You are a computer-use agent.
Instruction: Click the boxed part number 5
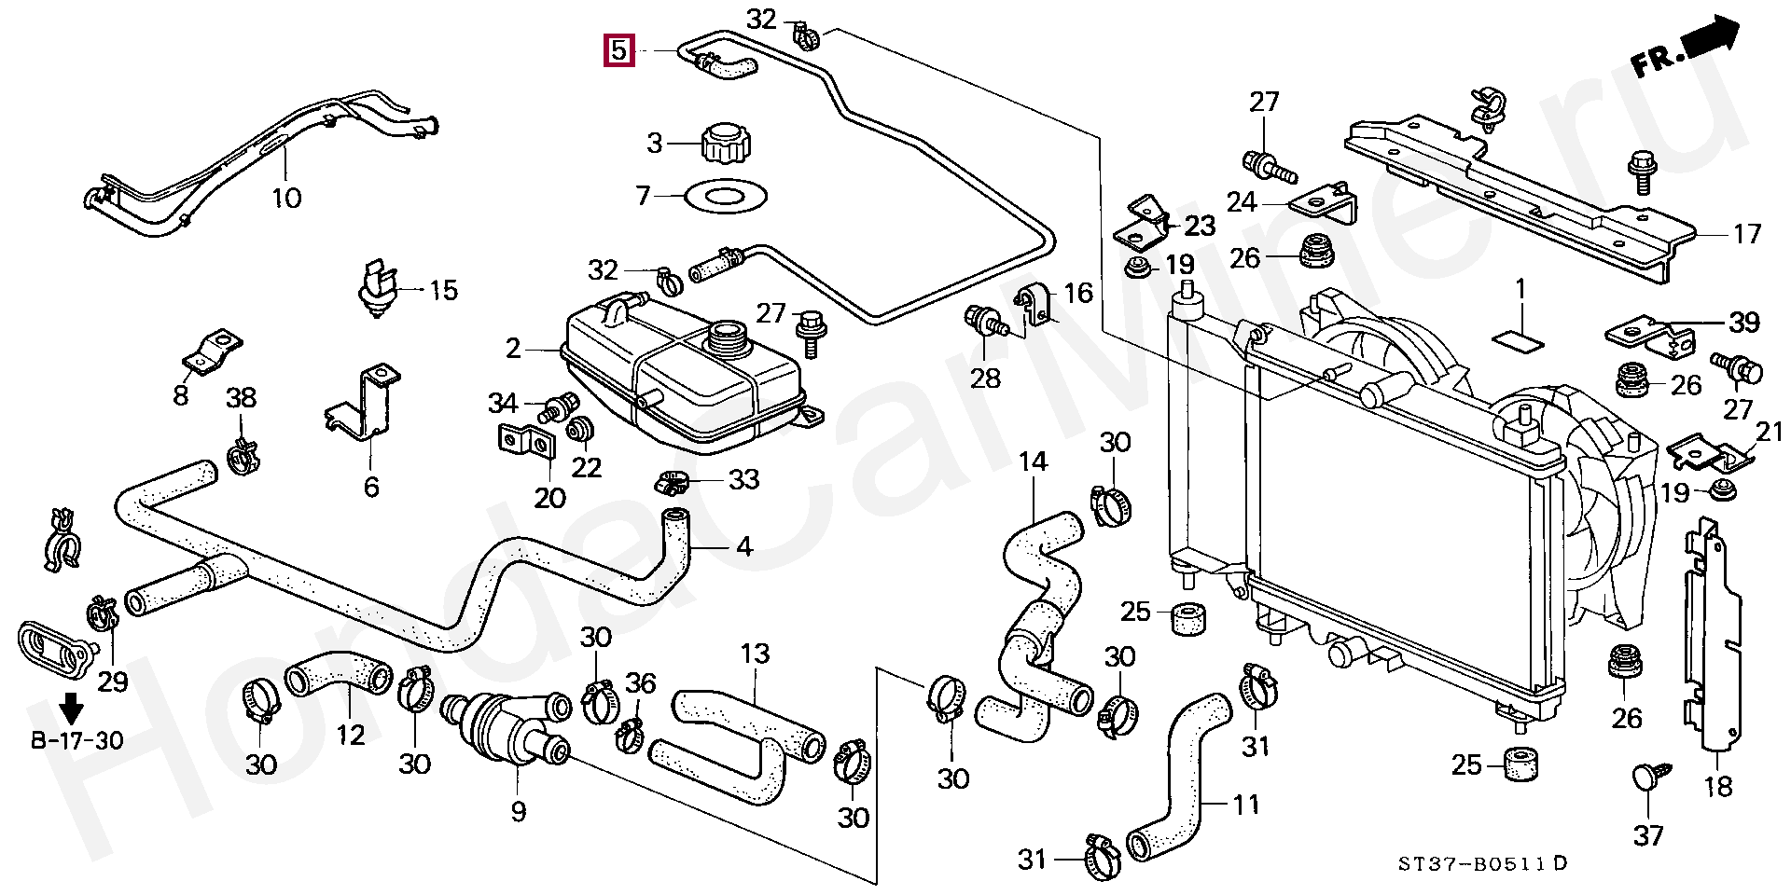pos(619,50)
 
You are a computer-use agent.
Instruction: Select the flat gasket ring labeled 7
pos(725,197)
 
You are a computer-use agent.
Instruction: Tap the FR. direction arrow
pos(1686,53)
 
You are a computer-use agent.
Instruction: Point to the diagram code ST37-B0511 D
pos(1482,863)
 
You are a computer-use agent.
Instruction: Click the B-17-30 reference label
pos(76,741)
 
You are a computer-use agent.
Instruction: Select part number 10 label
pos(286,198)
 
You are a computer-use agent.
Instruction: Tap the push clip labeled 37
pos(1647,780)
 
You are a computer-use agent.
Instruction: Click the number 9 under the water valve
pos(519,811)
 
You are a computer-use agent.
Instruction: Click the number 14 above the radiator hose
pos(1033,461)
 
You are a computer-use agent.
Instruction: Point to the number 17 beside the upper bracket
pos(1746,233)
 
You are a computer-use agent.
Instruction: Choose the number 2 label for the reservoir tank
pos(513,350)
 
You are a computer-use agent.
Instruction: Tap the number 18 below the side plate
pos(1717,787)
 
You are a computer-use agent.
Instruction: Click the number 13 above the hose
pos(755,654)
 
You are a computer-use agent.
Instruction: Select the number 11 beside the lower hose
pos(1246,804)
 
